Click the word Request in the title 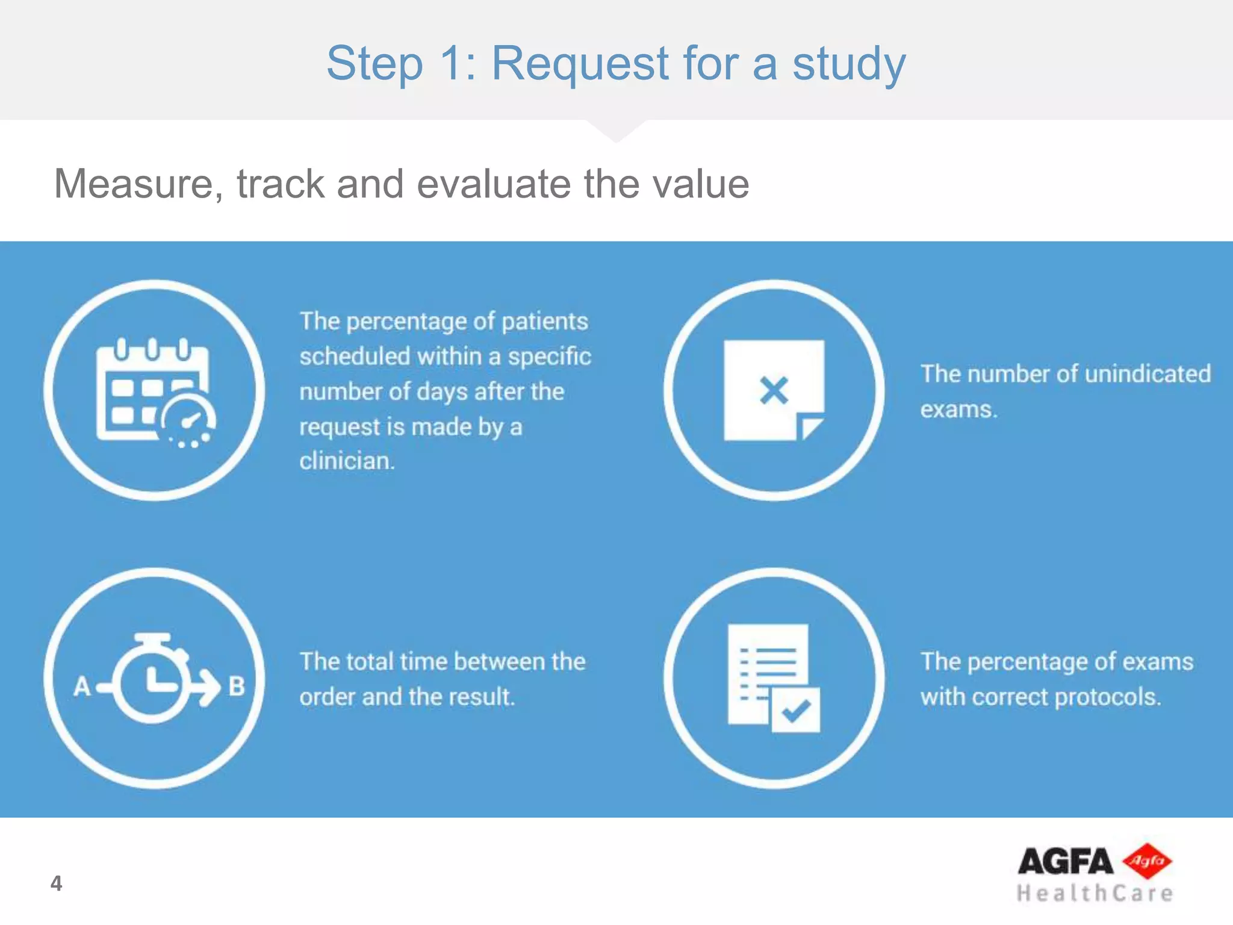(x=580, y=64)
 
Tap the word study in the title (x=848, y=64)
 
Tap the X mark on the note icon (x=774, y=390)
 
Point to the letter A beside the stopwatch (x=82, y=687)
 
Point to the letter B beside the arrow (x=237, y=687)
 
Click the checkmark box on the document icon (x=795, y=711)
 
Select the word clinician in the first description (x=347, y=461)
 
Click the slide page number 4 (x=56, y=883)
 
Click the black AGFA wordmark (x=1064, y=861)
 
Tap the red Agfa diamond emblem (x=1148, y=861)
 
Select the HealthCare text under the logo (x=1095, y=893)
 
